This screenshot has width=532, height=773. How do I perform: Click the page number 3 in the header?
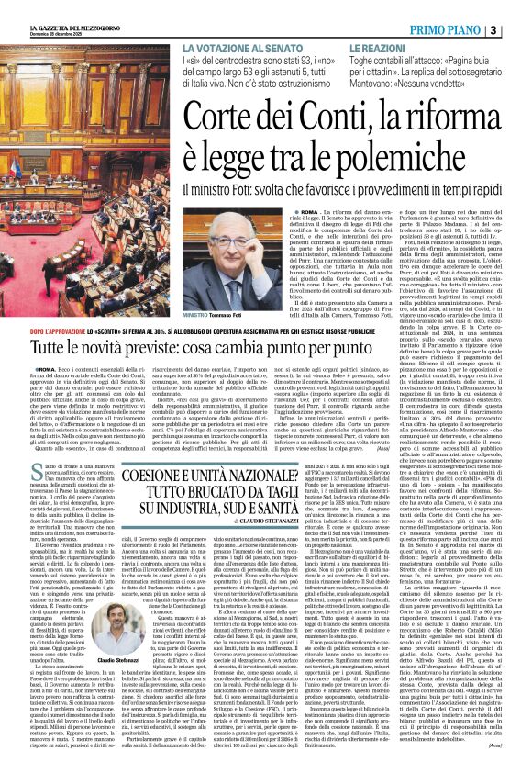(x=519, y=30)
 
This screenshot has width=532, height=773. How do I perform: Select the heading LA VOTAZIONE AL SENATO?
(x=243, y=49)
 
